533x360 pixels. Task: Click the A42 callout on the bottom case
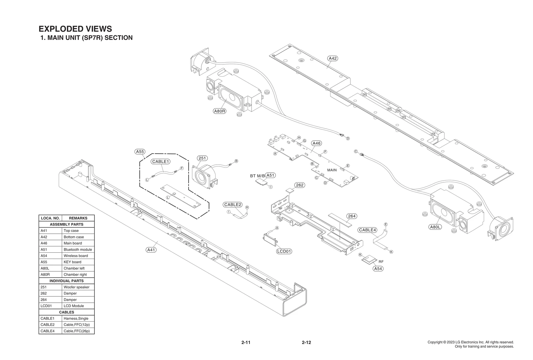[x=333, y=58]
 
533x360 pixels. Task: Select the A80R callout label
[x=220, y=111]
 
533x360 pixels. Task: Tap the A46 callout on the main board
[x=316, y=143]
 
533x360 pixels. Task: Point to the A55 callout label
[x=140, y=152]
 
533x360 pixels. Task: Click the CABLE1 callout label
[x=161, y=162]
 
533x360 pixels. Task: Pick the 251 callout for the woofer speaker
[x=202, y=158]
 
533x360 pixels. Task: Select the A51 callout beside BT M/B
[x=270, y=175]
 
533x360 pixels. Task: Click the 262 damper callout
[x=300, y=185]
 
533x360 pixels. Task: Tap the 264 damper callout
[x=352, y=216]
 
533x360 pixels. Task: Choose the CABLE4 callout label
[x=367, y=230]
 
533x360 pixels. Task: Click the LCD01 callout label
[x=284, y=251]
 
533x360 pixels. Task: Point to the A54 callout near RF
[x=378, y=269]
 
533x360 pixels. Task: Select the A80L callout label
[x=435, y=227]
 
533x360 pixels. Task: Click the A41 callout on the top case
[x=151, y=250]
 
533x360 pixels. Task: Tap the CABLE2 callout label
[x=233, y=205]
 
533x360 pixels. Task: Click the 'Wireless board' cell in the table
[x=76, y=256]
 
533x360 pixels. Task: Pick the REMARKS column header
[x=78, y=218]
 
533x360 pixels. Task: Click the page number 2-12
[x=306, y=342]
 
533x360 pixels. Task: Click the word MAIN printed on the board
[x=332, y=170]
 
